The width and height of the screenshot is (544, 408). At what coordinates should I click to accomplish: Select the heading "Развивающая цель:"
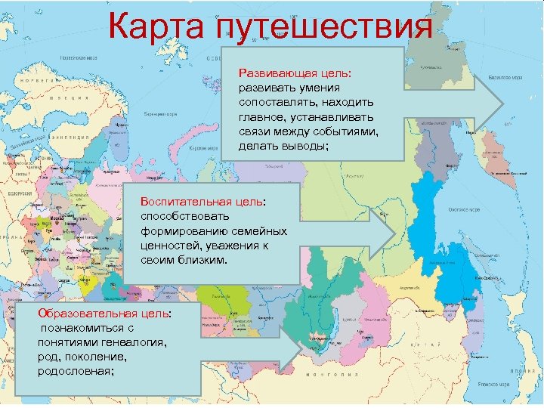[284, 73]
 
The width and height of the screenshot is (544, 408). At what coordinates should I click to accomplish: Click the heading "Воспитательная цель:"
[203, 202]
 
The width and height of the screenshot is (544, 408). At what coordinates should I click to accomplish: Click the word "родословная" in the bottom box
[76, 371]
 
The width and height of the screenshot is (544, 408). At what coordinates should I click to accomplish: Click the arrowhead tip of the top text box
[502, 105]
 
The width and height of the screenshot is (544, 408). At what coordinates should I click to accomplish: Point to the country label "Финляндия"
[65, 138]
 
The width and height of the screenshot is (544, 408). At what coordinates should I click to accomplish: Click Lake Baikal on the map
[329, 344]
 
